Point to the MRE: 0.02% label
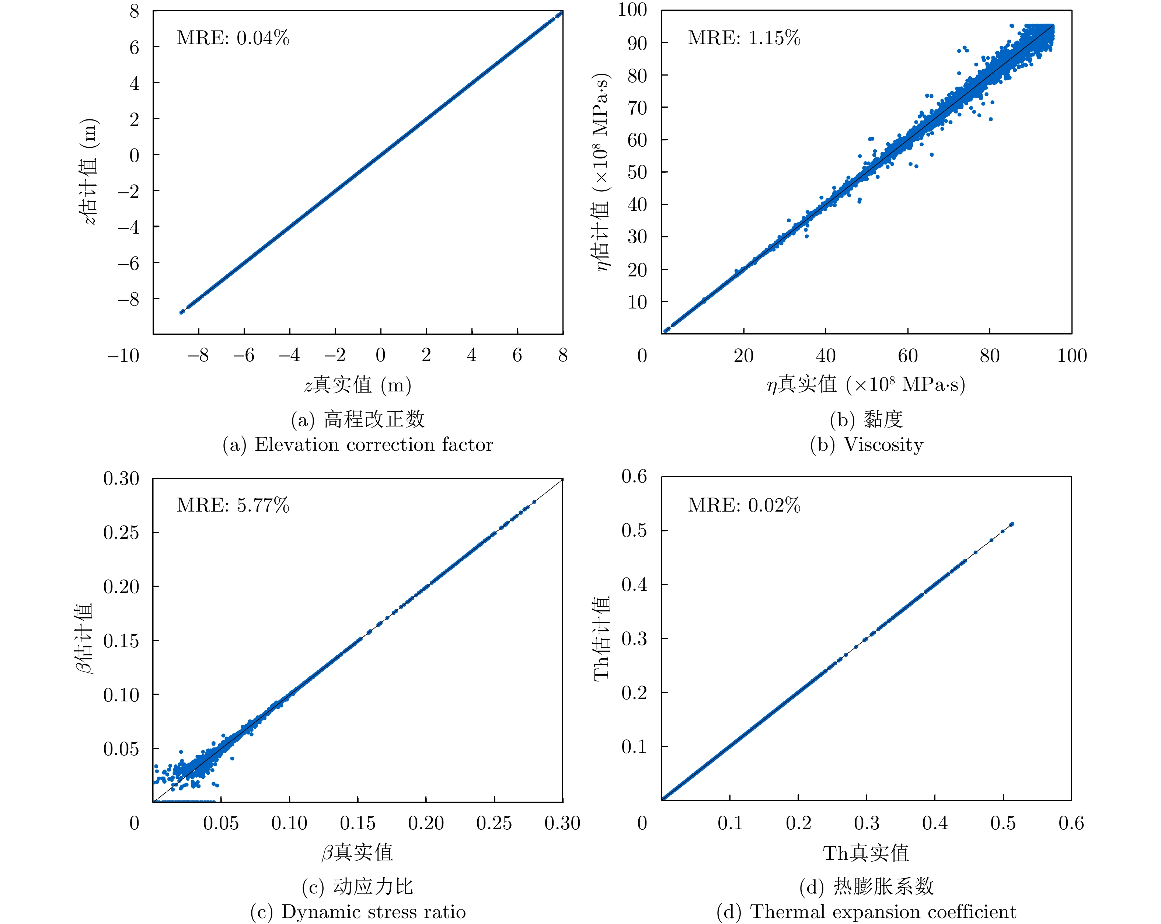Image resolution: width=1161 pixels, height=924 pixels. (744, 505)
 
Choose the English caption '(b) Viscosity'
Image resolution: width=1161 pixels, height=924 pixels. (867, 445)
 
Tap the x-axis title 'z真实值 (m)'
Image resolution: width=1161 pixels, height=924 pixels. (358, 385)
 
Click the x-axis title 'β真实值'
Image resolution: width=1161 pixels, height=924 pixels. (358, 852)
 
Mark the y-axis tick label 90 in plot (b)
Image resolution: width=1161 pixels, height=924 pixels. (637, 43)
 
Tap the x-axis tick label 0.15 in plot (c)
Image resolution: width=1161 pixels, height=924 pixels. (358, 823)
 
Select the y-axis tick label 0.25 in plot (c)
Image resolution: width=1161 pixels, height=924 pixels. (121, 533)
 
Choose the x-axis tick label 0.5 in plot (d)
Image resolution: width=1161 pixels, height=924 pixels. (1003, 823)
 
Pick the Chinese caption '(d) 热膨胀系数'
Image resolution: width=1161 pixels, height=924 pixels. (867, 886)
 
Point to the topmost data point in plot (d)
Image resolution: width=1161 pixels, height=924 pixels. (1012, 524)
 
